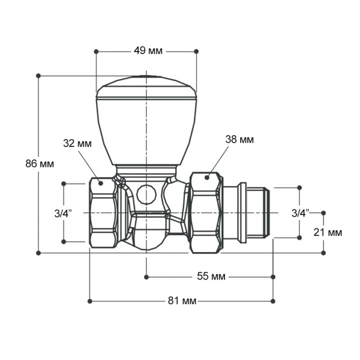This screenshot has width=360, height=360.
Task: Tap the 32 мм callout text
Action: tap(77, 143)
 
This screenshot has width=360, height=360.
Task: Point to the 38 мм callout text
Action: tap(239, 139)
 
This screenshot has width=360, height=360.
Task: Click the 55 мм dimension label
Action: tap(211, 277)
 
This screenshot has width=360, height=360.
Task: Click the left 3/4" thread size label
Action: tap(63, 212)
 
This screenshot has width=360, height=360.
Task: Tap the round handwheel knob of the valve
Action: tap(146, 120)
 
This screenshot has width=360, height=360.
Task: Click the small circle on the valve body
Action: tap(145, 194)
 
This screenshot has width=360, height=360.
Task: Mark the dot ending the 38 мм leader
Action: tap(207, 178)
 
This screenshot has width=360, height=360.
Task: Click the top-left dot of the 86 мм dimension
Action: tap(38, 76)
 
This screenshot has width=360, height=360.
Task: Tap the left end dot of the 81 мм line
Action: tap(89, 301)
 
